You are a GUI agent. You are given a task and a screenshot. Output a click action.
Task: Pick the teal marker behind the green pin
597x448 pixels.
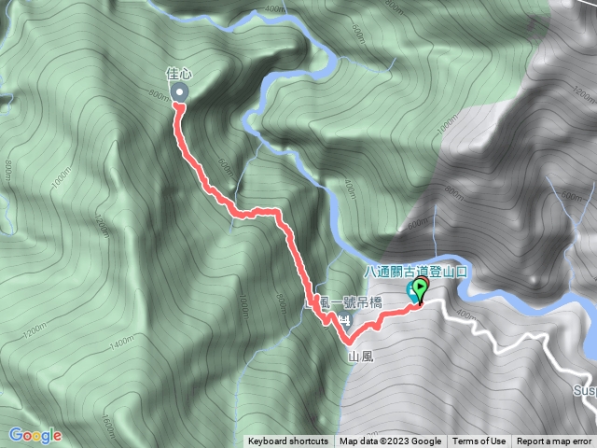click(411, 290)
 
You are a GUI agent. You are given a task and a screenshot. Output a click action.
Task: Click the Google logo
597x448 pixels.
click(35, 435)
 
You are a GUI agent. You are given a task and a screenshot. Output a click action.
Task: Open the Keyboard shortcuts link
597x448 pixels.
click(288, 441)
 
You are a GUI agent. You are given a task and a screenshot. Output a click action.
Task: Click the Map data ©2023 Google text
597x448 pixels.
click(390, 441)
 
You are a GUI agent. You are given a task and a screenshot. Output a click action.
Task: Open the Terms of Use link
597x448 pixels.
click(479, 441)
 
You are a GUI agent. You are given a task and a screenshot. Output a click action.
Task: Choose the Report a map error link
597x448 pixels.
click(554, 441)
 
